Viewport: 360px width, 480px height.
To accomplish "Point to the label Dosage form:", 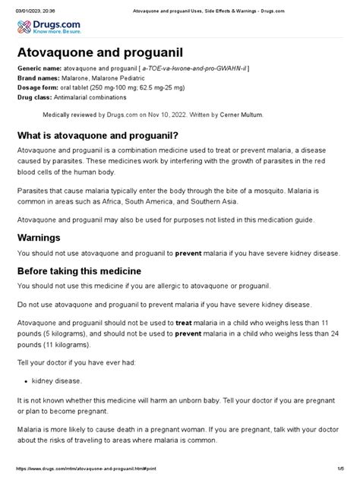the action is pos(40,88).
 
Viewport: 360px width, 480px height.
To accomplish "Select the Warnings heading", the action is pos(43,238).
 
